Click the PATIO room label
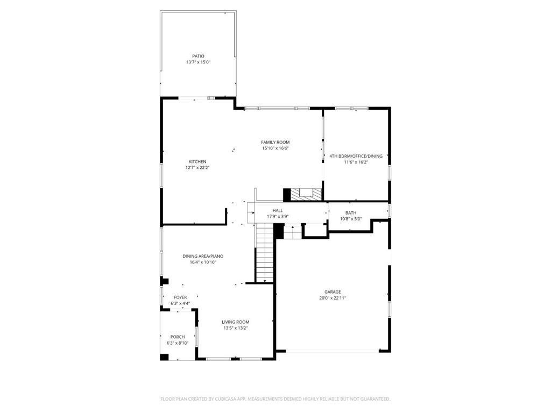click(x=198, y=56)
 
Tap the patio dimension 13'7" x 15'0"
click(x=198, y=62)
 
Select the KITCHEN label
click(x=197, y=161)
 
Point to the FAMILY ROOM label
click(x=275, y=142)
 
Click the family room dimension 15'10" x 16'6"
click(x=275, y=148)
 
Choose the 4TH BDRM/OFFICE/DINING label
click(x=356, y=156)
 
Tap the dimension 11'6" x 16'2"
click(x=356, y=162)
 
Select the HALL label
click(x=278, y=210)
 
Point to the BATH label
click(x=350, y=212)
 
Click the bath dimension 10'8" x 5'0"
click(x=350, y=219)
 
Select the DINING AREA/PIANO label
click(x=202, y=256)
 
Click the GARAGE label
click(x=333, y=291)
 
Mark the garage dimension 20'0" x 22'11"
click(x=333, y=298)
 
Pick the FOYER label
click(x=180, y=297)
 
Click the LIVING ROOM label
click(x=235, y=322)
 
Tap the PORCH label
click(x=178, y=337)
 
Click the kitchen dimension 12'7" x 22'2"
click(x=197, y=168)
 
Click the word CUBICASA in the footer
click(x=232, y=399)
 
